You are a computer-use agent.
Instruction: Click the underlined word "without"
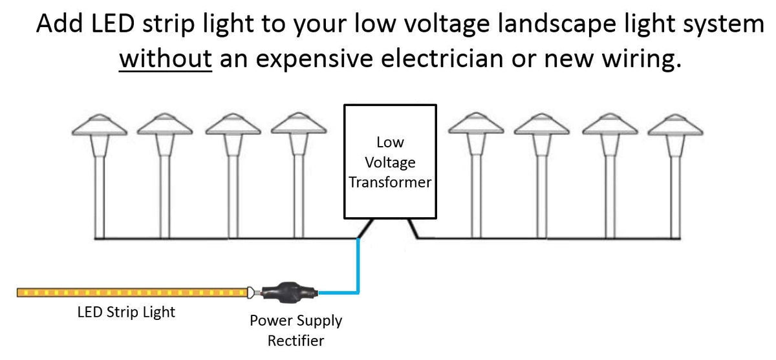[x=166, y=60]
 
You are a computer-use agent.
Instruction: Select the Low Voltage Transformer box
[x=388, y=161]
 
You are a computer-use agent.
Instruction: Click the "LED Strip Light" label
[x=126, y=312]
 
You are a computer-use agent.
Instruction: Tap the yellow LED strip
[x=129, y=293]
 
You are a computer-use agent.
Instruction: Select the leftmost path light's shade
[x=98, y=125]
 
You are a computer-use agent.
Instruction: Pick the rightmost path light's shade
[x=676, y=125]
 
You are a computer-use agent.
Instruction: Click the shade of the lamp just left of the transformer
[x=298, y=125]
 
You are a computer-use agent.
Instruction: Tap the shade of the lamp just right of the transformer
[x=476, y=125]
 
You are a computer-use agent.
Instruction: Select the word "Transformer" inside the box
[x=390, y=182]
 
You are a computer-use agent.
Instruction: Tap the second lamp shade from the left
[x=165, y=125]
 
